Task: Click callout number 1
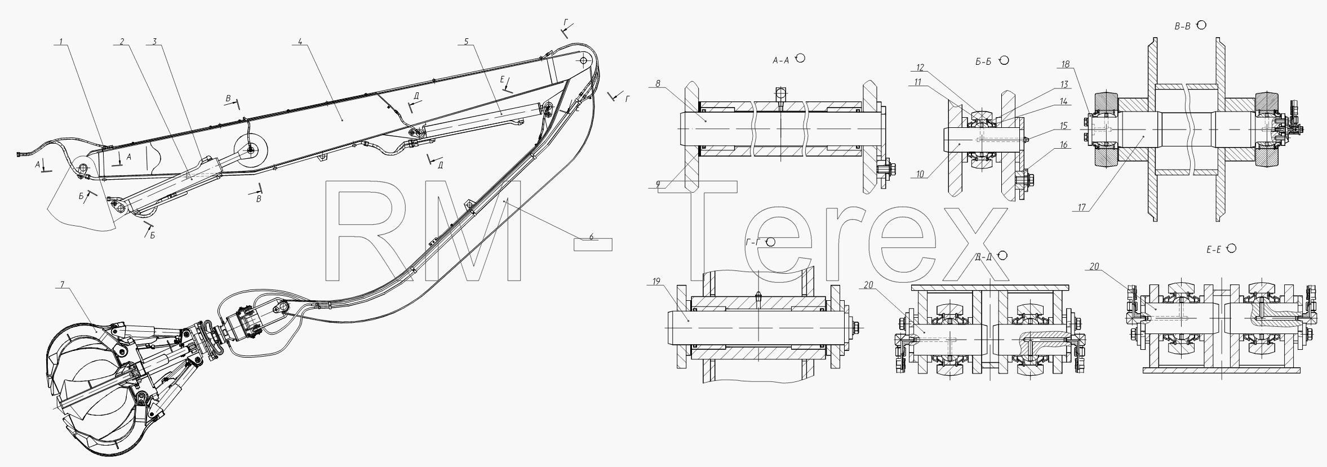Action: [x=61, y=42]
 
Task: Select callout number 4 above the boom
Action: [x=300, y=42]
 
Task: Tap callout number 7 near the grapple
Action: [x=61, y=285]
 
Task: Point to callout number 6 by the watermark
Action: [x=591, y=237]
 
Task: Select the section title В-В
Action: [x=1182, y=26]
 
